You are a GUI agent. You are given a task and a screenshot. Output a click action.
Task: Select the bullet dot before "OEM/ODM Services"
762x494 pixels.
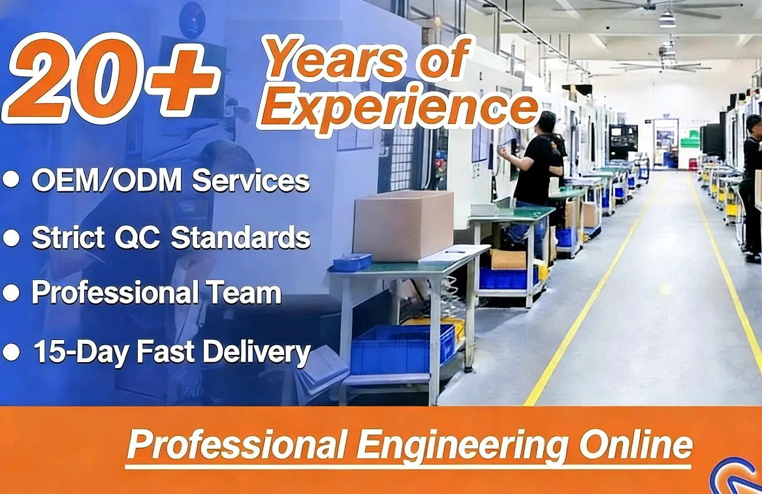[x=11, y=180]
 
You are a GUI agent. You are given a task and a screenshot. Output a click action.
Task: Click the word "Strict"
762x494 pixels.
[x=69, y=238]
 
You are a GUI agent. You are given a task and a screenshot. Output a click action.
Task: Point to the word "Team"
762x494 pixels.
[x=246, y=293]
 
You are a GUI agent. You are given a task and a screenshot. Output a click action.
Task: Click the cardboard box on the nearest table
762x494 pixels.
[x=403, y=225]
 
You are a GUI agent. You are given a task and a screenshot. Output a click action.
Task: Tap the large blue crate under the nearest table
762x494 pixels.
[x=402, y=348]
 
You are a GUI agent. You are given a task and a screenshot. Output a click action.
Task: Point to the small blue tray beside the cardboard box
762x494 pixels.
[x=352, y=262]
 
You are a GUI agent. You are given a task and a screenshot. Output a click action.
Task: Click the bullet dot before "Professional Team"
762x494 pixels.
[x=11, y=294]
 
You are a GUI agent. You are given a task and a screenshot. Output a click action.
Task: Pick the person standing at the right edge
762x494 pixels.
[x=752, y=183]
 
